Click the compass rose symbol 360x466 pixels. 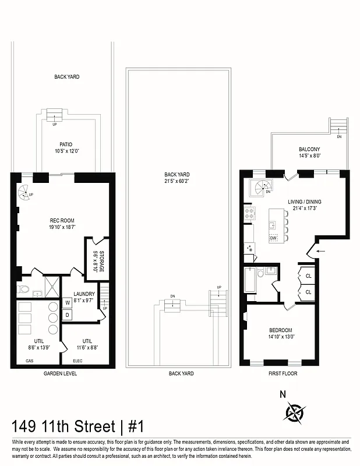[294, 412]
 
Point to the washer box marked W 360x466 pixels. [68, 302]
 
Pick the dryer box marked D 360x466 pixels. [68, 315]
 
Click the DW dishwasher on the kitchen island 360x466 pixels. [273, 238]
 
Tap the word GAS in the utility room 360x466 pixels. [29, 361]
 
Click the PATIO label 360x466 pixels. [66, 144]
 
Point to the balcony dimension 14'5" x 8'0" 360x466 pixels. [309, 156]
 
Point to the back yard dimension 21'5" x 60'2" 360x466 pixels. [177, 181]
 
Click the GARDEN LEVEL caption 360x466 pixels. [61, 373]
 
